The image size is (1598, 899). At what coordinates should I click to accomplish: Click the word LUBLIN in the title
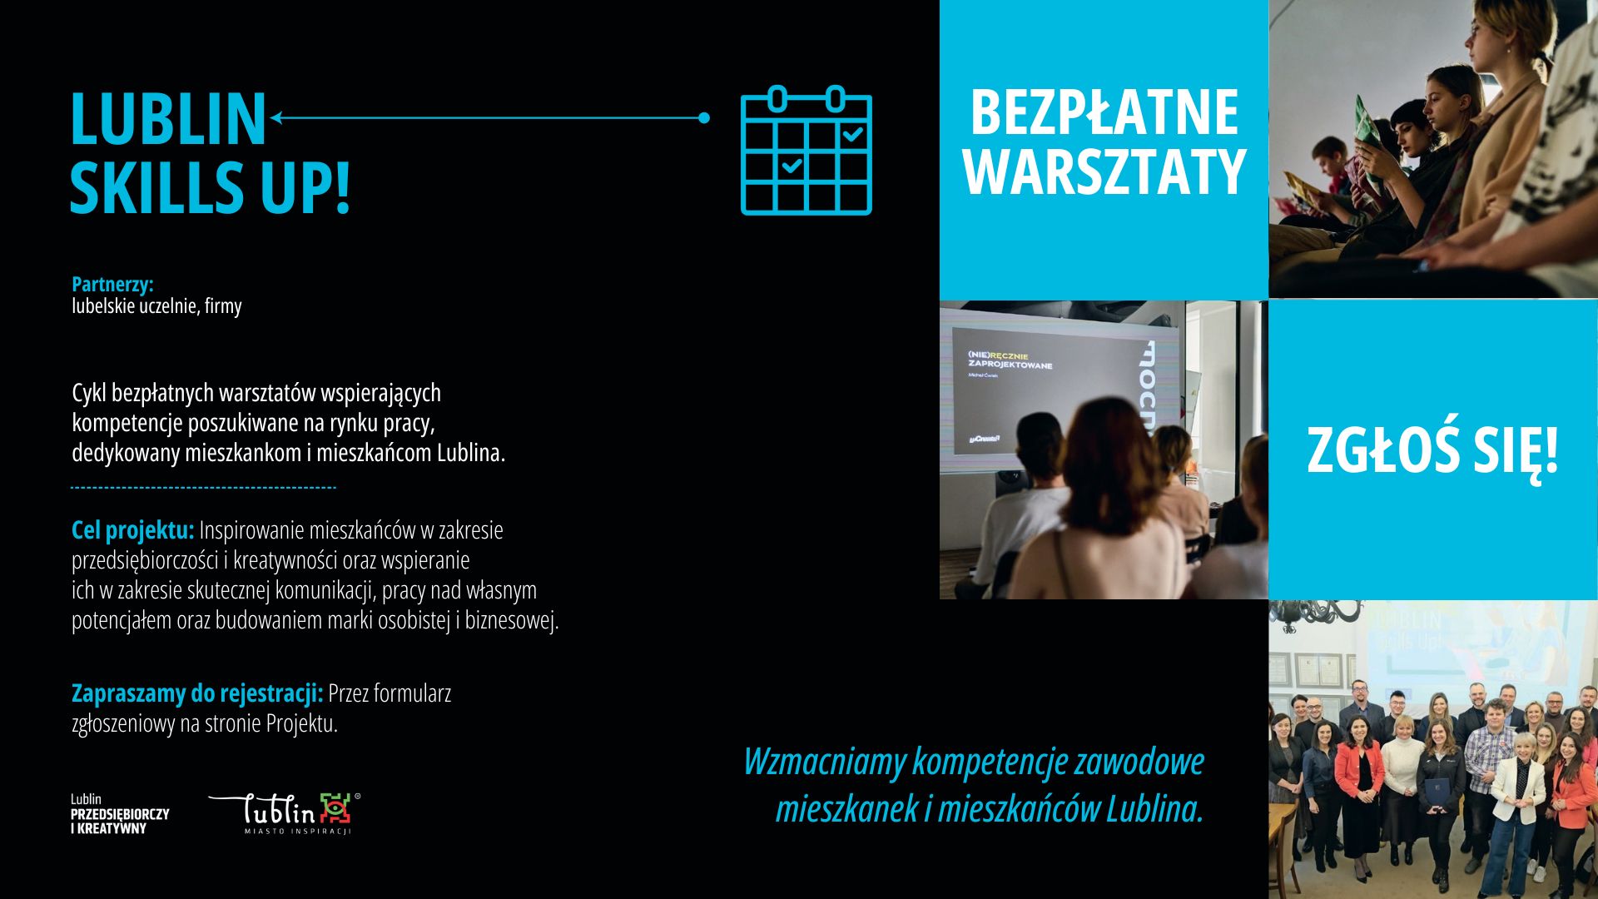168,118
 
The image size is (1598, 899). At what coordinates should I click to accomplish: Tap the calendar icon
806,151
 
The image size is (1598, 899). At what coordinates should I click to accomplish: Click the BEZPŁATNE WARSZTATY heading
1104,142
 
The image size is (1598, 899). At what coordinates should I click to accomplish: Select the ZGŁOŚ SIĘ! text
1432,450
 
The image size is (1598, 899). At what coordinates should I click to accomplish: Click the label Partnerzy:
112,284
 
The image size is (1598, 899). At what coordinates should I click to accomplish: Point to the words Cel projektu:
132,529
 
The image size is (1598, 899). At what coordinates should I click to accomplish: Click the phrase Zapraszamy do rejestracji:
197,693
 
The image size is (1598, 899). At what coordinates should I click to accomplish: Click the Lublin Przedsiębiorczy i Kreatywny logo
120,814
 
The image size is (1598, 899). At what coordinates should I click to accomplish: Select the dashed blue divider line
204,488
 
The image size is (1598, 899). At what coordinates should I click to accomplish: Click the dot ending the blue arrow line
704,118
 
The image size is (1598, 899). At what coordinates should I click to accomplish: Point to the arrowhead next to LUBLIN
276,118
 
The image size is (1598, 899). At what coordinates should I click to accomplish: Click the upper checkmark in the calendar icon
853,133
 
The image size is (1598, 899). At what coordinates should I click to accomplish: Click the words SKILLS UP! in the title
210,187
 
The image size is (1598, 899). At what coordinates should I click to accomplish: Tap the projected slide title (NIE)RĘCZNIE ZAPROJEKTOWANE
1010,360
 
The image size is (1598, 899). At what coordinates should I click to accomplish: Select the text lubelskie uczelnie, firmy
156,306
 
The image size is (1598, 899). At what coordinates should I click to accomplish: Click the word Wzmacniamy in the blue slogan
825,762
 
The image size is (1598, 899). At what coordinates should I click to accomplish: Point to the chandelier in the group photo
1315,620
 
